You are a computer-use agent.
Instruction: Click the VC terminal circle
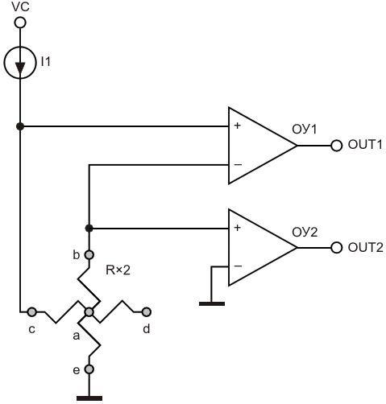[20, 23]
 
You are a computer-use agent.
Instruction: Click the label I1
[46, 62]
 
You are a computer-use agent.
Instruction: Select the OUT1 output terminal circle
[336, 146]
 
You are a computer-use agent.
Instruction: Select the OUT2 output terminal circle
[336, 247]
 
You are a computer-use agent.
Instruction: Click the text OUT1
[365, 145]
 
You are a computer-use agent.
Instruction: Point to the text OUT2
[365, 247]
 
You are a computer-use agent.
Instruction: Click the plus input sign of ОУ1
[237, 126]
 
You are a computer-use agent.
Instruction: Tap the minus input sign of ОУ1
[238, 164]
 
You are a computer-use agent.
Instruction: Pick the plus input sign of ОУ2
[237, 228]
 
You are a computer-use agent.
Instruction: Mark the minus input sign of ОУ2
[238, 266]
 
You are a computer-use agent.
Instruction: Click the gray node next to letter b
[89, 254]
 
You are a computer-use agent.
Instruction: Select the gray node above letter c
[32, 312]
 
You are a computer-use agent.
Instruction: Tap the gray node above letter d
[147, 312]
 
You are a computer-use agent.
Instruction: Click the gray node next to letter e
[89, 369]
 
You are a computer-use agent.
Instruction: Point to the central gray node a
[89, 312]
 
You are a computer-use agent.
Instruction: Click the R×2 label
[118, 270]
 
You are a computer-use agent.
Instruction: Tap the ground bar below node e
[89, 398]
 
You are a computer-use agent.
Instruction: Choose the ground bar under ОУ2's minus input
[212, 303]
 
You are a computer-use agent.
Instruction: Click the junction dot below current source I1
[20, 126]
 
